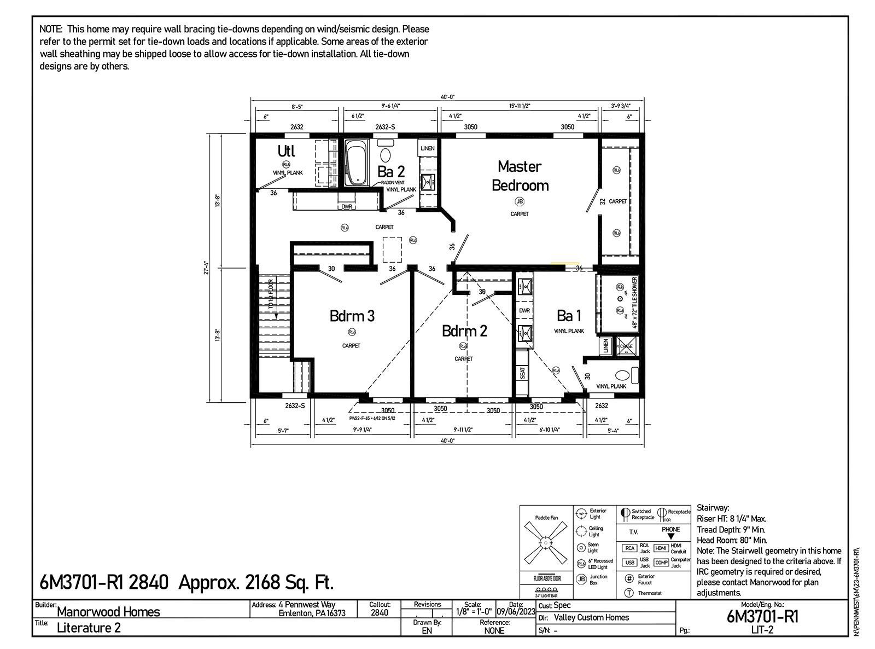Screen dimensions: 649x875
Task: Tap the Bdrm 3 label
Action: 352,316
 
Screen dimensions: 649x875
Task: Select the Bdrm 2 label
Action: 464,331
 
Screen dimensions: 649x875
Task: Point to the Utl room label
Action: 286,150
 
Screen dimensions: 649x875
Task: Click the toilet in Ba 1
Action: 623,375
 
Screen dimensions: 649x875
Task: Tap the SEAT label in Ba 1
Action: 522,373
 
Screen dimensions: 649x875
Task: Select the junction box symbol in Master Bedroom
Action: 520,201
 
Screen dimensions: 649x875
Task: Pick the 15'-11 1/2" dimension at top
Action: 520,106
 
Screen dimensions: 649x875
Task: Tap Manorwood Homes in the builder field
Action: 108,612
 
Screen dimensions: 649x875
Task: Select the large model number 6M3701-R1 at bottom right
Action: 762,617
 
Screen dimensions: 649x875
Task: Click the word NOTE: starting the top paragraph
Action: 51,29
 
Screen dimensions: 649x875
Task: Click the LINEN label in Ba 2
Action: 427,148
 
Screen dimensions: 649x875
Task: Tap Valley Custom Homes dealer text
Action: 591,618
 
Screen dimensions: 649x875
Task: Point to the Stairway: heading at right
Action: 713,508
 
